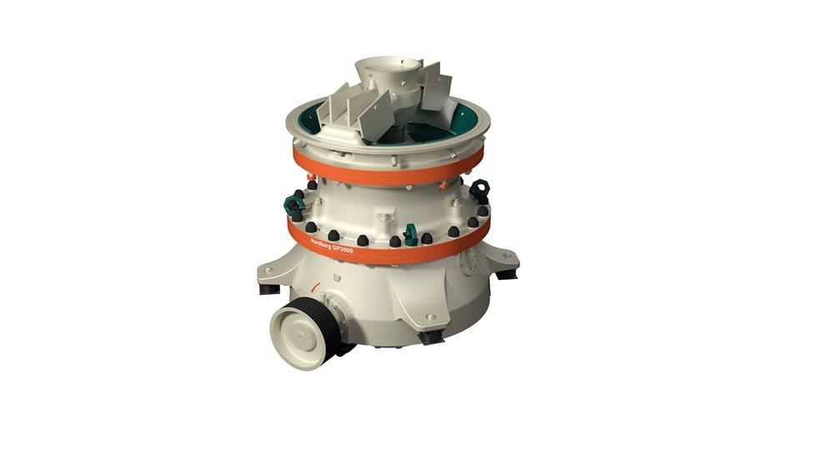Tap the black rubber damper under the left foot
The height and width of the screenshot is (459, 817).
click(x=268, y=289)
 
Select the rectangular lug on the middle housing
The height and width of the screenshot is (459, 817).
click(x=383, y=219)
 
